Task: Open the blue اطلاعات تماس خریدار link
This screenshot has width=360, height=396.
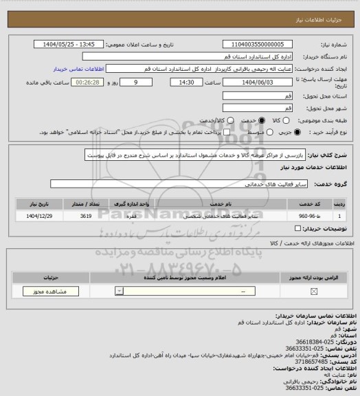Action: [78, 69]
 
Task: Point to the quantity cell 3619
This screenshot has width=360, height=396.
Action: [104, 216]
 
